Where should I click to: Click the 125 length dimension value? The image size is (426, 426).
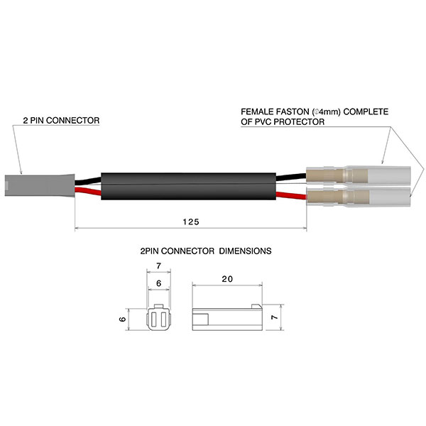(x=190, y=222)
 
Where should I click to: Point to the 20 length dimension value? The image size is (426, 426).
(x=226, y=280)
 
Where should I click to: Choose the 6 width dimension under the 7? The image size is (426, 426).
(x=159, y=282)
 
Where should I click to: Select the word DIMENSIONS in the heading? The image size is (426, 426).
(x=246, y=251)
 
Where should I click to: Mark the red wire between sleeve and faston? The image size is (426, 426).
(x=291, y=194)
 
